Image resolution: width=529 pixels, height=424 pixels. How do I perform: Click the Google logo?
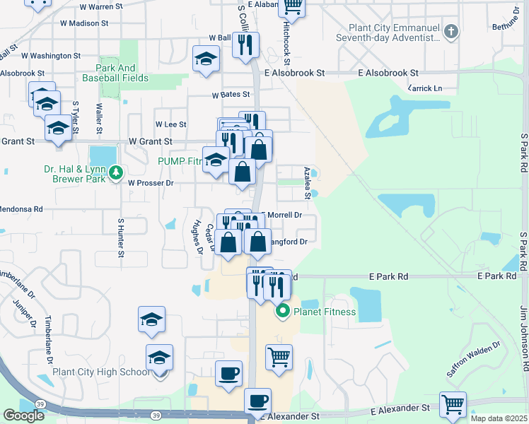tap(23, 415)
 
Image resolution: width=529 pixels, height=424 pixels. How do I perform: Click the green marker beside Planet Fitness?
tap(283, 310)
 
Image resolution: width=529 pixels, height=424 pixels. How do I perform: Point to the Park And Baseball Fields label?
tap(123, 73)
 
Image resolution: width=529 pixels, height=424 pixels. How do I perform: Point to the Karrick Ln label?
tap(425, 88)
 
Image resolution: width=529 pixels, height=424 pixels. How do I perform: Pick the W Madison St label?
tap(84, 23)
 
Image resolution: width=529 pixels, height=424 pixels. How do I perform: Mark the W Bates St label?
tap(231, 94)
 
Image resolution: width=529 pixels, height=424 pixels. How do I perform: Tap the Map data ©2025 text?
tap(499, 418)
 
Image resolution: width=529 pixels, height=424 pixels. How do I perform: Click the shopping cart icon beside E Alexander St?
tap(453, 404)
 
